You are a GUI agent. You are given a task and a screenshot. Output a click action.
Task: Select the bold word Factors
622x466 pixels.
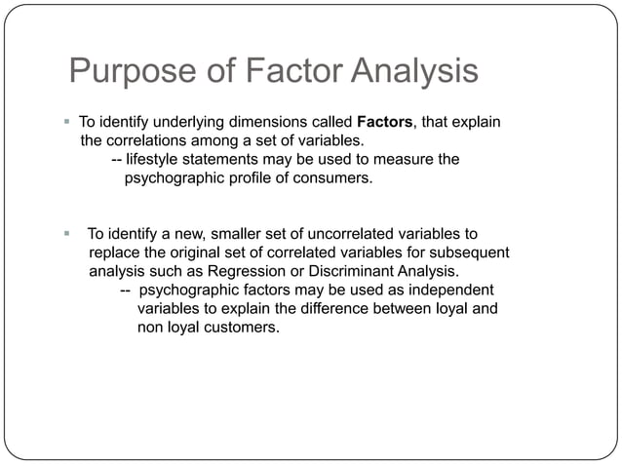pos(388,123)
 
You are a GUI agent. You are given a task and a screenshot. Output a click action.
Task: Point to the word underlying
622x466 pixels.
pos(187,123)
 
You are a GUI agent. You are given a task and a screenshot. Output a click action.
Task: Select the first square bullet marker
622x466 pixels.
pos(66,123)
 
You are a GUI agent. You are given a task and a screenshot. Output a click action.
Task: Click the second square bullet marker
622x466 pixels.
pos(66,234)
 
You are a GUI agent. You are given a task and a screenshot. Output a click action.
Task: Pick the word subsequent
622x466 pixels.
pos(473,252)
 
